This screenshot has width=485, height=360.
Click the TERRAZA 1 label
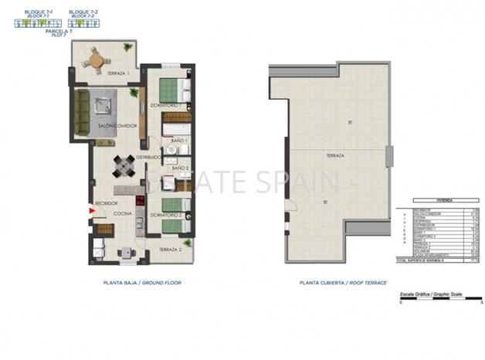[x=117, y=73]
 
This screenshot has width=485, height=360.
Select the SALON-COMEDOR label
[x=117, y=126]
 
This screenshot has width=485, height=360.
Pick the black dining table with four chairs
[x=124, y=165]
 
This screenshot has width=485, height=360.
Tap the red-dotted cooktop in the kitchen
[x=140, y=202]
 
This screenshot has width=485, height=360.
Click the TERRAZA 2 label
[x=170, y=250]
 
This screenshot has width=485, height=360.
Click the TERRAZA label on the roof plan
[x=334, y=155]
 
